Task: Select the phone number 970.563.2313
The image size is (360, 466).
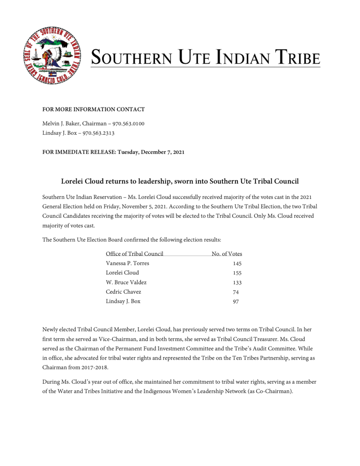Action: (98, 133)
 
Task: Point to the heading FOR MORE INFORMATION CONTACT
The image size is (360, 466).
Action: (94, 109)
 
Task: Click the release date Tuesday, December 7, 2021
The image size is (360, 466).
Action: (151, 152)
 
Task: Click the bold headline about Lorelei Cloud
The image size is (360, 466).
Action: (180, 181)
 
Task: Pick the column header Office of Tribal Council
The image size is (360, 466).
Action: (134, 254)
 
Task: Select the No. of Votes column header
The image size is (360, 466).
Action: (227, 254)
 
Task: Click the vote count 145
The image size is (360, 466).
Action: (237, 264)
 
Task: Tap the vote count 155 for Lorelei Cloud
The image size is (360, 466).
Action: (237, 273)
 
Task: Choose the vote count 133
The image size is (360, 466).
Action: (237, 283)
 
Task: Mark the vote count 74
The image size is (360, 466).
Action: (236, 292)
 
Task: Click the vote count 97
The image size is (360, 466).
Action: (236, 302)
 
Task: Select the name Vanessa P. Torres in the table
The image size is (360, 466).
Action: (127, 263)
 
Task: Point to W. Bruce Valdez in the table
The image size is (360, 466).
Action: (126, 282)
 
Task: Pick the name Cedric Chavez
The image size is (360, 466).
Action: (123, 292)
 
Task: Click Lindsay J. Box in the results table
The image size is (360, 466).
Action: (123, 302)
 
